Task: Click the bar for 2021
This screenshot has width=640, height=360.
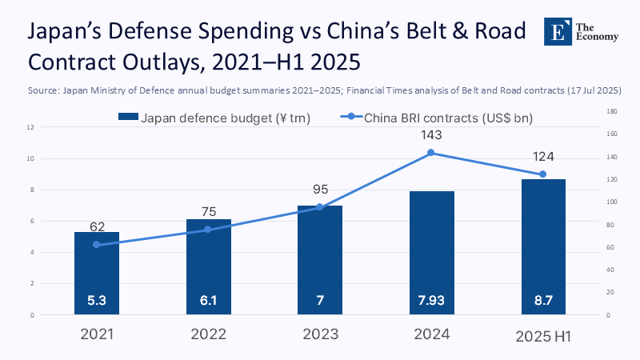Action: tap(96, 273)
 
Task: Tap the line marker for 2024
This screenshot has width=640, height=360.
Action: tap(431, 153)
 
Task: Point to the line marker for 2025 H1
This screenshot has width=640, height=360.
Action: tap(542, 174)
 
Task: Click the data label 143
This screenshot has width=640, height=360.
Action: tap(431, 135)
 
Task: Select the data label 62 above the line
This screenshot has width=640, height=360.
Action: tap(97, 227)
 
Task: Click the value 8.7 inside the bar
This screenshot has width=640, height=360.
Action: tap(542, 302)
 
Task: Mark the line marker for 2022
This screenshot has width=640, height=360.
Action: tap(208, 230)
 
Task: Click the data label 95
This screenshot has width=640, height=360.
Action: tap(319, 190)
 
